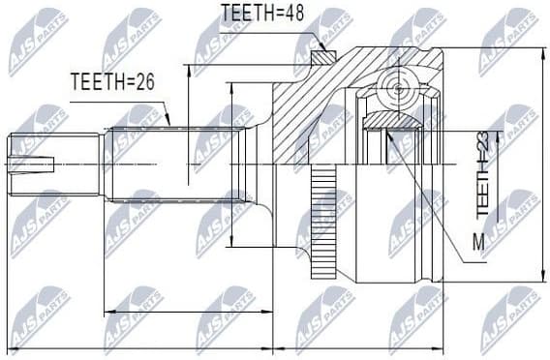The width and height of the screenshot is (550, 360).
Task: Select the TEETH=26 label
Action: pos(112,82)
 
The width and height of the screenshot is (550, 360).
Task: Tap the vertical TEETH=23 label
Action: pos(483,175)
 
